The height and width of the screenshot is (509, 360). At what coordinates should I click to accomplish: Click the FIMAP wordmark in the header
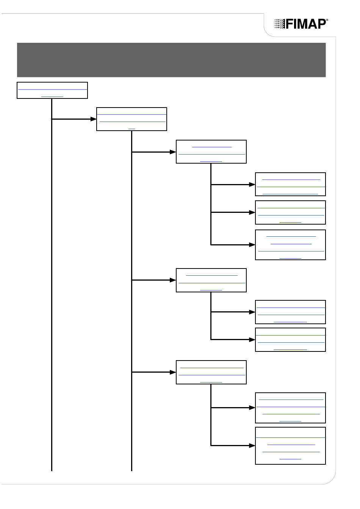306,24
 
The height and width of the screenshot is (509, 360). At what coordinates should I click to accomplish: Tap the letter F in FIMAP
289,24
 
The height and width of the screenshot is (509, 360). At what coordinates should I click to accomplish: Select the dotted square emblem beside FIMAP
280,24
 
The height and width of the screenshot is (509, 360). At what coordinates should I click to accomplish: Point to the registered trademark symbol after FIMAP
327,20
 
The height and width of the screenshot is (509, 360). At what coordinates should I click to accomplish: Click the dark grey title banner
171,60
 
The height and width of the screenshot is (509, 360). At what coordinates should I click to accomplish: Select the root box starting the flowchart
52,90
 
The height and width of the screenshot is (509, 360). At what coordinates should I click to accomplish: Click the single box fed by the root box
131,119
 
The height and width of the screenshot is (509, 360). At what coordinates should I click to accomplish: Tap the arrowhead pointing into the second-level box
94,119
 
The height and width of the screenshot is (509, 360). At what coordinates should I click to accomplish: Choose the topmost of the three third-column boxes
211,151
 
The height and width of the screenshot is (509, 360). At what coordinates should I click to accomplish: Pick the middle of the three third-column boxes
211,280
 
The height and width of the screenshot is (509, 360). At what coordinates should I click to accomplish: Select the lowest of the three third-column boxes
211,372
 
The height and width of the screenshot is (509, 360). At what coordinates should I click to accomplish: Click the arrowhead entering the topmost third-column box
173,152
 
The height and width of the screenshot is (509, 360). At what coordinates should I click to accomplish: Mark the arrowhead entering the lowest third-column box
173,372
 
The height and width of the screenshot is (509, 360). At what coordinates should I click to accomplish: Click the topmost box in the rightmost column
290,184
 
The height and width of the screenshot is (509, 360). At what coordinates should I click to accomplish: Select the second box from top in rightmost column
290,212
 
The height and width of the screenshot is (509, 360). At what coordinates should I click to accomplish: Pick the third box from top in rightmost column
290,245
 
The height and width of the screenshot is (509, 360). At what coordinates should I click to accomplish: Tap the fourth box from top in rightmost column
290,312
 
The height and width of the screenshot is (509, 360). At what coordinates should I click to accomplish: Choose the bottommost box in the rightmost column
290,446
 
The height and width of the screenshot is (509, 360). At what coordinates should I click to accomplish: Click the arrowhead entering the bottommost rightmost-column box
252,446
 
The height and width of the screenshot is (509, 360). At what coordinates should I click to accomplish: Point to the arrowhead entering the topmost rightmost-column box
252,184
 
